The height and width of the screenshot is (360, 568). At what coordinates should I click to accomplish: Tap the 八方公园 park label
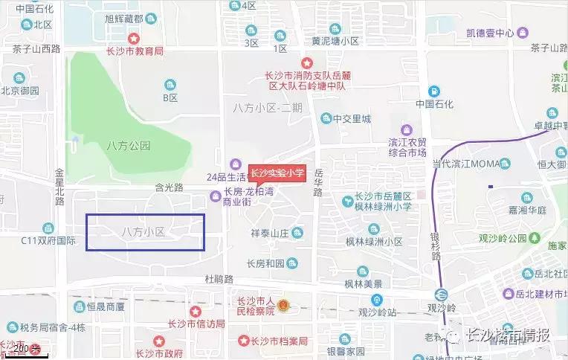click(128, 146)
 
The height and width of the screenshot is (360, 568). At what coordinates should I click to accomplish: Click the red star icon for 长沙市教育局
click(134, 38)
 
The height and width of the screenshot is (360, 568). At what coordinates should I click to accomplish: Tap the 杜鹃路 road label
click(219, 279)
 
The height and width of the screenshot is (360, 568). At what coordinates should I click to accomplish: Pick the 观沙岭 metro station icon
click(442, 293)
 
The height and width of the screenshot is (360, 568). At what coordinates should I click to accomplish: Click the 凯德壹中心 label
click(491, 33)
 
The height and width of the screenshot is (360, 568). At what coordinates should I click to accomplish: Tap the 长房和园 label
click(265, 263)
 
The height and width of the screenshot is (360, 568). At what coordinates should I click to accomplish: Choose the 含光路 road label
click(169, 187)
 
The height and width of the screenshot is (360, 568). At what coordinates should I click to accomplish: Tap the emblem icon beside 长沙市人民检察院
click(283, 306)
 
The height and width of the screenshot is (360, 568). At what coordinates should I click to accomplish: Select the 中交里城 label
click(351, 118)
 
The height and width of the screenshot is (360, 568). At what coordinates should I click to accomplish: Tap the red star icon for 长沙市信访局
click(196, 311)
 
